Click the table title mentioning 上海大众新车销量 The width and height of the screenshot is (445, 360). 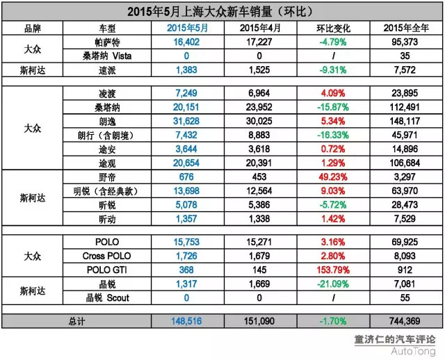tap(223, 12)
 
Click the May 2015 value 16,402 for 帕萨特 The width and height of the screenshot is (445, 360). tap(187, 42)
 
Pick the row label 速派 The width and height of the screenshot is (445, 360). tap(108, 70)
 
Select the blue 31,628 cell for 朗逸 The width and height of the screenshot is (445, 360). tap(187, 120)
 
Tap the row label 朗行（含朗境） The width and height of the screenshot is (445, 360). tap(108, 133)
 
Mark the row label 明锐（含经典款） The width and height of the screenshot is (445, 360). tap(108, 191)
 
